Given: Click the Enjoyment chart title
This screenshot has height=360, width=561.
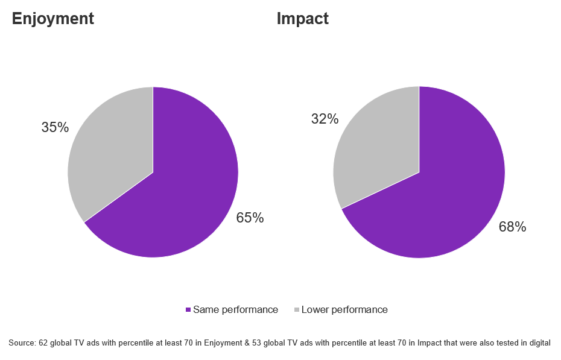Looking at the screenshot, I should pos(53,19).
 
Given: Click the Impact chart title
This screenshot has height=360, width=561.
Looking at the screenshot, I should pos(302,19).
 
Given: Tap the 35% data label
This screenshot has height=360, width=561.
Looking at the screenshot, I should pos(55,128).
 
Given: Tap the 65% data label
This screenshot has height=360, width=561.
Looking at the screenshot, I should pos(250,218).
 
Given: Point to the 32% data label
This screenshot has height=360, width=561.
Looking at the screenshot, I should pos(325,119).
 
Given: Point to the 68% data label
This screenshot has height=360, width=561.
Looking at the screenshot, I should pos(512,227).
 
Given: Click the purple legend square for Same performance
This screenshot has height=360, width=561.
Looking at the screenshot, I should pos(188,310).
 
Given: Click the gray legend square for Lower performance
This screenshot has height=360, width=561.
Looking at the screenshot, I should pos(296,310).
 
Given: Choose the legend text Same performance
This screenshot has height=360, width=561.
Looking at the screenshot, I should pos(235,310).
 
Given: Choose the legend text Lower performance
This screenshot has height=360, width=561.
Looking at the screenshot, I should pos(344,310).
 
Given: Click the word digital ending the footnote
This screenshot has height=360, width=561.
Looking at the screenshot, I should pos(539,343).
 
